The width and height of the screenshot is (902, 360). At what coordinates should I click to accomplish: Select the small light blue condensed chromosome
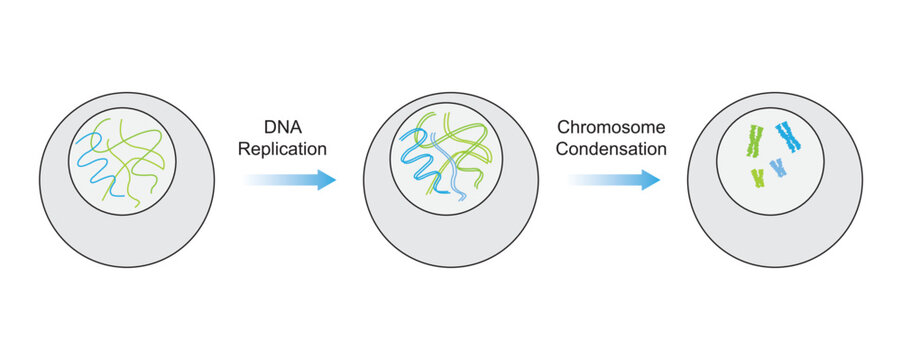[776, 168]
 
